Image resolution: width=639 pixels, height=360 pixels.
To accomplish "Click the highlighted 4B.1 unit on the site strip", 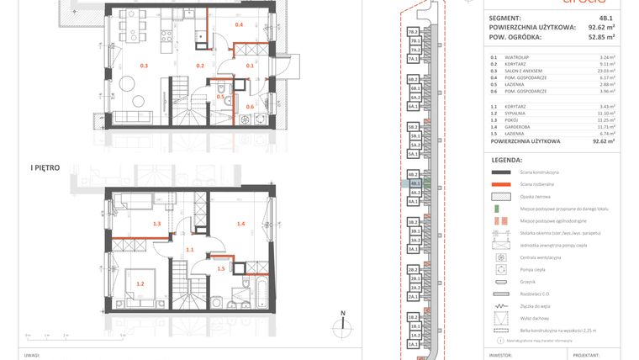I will pyautogui.click(x=415, y=183).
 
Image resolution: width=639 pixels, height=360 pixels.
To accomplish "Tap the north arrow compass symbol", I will pyautogui.click(x=343, y=323).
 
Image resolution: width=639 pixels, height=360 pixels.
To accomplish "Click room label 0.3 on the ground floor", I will pyautogui.click(x=144, y=65).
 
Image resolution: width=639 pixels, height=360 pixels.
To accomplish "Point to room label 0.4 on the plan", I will pyautogui.click(x=239, y=25).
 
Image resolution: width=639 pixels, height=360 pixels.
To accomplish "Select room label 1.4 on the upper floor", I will pyautogui.click(x=241, y=224).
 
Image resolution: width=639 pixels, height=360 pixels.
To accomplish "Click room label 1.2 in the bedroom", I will pyautogui.click(x=140, y=283).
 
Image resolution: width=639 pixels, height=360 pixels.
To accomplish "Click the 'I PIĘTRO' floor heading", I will pyautogui.click(x=44, y=168).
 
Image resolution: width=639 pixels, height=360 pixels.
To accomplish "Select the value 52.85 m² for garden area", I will pyautogui.click(x=600, y=37).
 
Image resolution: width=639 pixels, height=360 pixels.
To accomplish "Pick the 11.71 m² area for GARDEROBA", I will pyautogui.click(x=604, y=126).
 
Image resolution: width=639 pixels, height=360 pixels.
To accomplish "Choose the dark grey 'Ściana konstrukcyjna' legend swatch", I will pyautogui.click(x=502, y=172).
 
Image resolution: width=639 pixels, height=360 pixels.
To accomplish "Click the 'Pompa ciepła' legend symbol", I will pyautogui.click(x=502, y=269).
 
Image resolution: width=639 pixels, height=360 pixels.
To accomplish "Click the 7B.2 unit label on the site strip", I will pyautogui.click(x=414, y=31).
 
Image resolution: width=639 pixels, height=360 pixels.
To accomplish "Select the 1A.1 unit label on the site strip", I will pyautogui.click(x=414, y=345).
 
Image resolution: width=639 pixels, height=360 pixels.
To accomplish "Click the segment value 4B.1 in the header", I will pyautogui.click(x=605, y=17).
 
